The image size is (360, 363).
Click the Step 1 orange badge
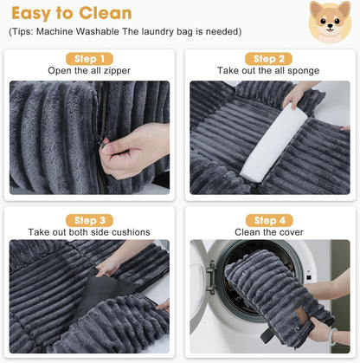coord(89,59)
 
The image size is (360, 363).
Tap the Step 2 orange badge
coord(270,59)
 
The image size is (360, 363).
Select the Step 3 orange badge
coord(89,220)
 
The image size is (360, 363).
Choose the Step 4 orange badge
coord(270,220)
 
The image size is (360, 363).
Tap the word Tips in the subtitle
coord(26,32)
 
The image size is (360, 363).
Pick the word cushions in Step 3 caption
coord(129,232)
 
